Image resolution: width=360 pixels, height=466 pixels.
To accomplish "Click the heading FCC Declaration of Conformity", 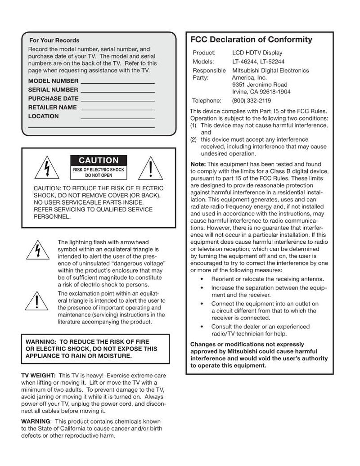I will (x=251, y=40).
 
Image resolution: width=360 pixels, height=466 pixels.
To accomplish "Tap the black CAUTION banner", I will (x=99, y=161).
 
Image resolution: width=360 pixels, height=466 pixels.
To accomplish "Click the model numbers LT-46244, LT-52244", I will (x=258, y=62).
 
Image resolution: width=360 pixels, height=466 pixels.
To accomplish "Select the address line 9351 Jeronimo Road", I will (x=260, y=85).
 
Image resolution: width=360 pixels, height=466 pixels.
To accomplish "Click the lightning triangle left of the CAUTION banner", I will (x=47, y=169).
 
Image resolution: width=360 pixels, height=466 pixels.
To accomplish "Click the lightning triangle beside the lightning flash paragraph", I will (x=37, y=251).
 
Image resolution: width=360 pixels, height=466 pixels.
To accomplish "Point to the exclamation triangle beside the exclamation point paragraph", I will (x=37, y=301).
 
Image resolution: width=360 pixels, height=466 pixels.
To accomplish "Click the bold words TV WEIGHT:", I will (x=39, y=375).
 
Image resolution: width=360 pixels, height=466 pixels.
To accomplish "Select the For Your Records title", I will (x=54, y=40).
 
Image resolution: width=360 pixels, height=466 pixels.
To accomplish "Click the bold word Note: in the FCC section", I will (x=198, y=164).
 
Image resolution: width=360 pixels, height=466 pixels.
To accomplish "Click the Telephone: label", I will (x=207, y=101).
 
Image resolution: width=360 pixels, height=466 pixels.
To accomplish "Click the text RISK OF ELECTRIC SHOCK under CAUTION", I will (x=99, y=170).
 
